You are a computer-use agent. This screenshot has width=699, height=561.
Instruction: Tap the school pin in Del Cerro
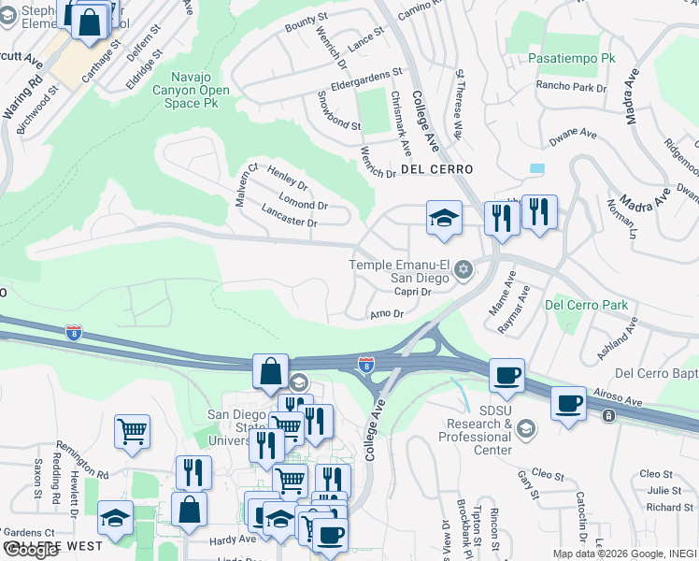(x=445, y=219)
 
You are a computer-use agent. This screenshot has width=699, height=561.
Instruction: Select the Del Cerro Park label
(x=587, y=305)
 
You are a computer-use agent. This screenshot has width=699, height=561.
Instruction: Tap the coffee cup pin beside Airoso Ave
(x=568, y=405)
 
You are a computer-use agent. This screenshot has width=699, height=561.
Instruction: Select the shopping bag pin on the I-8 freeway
(x=270, y=371)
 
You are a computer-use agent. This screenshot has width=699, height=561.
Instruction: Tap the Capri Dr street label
(x=411, y=292)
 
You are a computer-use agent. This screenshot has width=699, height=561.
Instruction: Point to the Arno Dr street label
(x=386, y=314)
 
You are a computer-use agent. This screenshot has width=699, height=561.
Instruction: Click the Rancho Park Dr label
(x=571, y=87)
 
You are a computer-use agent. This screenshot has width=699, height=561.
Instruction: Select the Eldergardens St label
(x=360, y=73)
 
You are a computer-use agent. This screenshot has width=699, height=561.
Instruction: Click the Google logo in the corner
(x=33, y=550)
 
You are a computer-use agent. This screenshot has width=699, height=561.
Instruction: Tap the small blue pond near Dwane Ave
(x=536, y=168)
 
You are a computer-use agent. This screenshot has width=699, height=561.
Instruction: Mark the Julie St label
(x=663, y=490)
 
